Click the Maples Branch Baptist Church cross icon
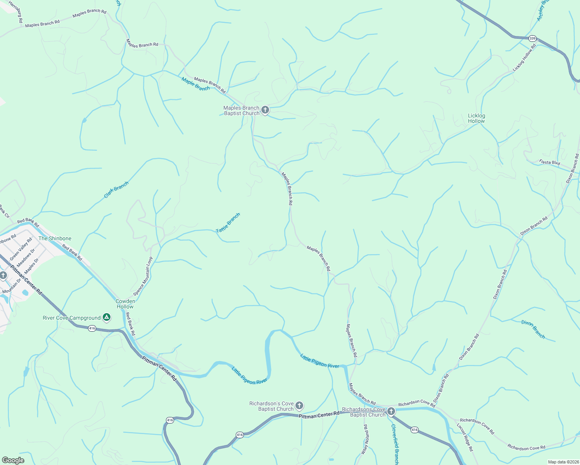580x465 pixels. pyautogui.click(x=265, y=110)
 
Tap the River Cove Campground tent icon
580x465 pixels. pyautogui.click(x=107, y=318)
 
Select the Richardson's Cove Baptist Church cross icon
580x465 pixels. pyautogui.click(x=299, y=406)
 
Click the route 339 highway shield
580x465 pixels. pyautogui.click(x=532, y=38)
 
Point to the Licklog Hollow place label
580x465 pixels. pyautogui.click(x=476, y=118)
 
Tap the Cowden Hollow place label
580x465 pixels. pyautogui.click(x=125, y=304)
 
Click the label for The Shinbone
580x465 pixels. pyautogui.click(x=55, y=238)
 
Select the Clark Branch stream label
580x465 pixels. pyautogui.click(x=116, y=190)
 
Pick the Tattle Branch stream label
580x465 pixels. pyautogui.click(x=228, y=223)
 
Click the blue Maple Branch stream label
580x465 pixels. pyautogui.click(x=195, y=84)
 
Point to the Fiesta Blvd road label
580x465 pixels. pyautogui.click(x=549, y=162)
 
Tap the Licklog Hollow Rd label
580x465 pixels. pyautogui.click(x=524, y=58)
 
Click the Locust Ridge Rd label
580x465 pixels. pyautogui.click(x=465, y=437)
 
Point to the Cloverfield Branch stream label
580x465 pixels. pyautogui.click(x=395, y=444)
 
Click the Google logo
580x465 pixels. pyautogui.click(x=13, y=460)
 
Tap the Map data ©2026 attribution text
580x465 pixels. pyautogui.click(x=563, y=462)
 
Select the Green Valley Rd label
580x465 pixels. pyautogui.click(x=21, y=249)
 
